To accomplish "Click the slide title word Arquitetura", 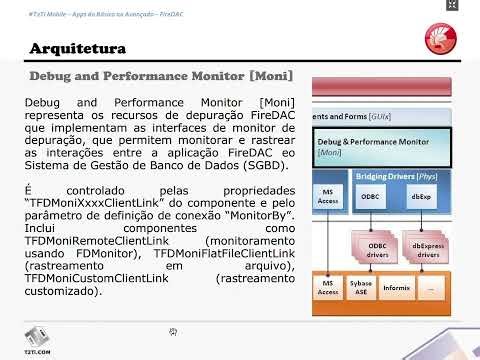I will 77,48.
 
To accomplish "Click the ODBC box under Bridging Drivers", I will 369,198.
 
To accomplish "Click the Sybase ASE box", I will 361,288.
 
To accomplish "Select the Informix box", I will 396,288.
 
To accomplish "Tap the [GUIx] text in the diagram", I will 379,117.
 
